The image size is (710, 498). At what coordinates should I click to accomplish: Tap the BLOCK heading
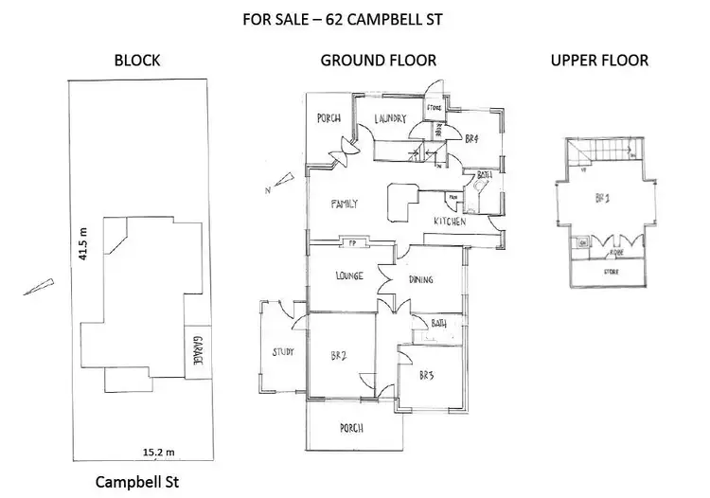click(x=137, y=61)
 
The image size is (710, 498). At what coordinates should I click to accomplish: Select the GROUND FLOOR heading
click(x=379, y=61)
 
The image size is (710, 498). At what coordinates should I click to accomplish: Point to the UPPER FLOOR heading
click(x=599, y=61)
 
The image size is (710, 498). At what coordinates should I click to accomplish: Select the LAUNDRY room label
click(x=390, y=119)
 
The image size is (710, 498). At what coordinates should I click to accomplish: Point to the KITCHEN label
click(x=449, y=221)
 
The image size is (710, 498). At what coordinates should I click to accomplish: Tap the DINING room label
click(x=422, y=279)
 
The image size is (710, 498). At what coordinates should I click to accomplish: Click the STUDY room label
click(x=282, y=352)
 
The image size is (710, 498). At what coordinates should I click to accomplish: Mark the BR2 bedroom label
click(x=337, y=357)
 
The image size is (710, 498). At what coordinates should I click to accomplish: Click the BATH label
click(x=438, y=324)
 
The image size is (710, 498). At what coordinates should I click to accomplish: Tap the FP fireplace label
click(x=352, y=242)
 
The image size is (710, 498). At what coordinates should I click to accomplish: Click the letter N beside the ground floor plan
click(x=271, y=190)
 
